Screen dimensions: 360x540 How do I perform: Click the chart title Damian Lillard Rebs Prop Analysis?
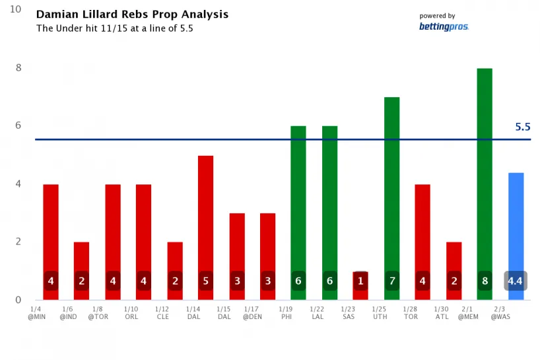pos(132,15)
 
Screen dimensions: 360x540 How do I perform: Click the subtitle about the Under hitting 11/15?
pos(114,28)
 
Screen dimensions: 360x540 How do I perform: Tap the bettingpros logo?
pos(444,26)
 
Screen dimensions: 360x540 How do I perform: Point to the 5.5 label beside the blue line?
pos(523,127)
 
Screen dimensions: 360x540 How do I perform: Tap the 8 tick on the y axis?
pos(18,68)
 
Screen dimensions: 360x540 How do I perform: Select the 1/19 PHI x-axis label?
pos(286,312)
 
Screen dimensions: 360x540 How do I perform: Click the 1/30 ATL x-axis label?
pos(442,312)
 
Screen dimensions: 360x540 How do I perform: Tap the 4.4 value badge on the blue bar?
pos(516,281)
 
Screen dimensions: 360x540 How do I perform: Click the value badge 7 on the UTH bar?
pos(391,281)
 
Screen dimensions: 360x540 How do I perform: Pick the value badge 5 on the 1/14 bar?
pos(206,281)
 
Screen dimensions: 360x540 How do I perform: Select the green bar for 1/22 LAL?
pos(329,198)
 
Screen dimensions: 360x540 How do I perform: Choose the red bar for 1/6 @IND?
pos(82,258)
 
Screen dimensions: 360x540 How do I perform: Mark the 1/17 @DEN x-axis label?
pos(251,312)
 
